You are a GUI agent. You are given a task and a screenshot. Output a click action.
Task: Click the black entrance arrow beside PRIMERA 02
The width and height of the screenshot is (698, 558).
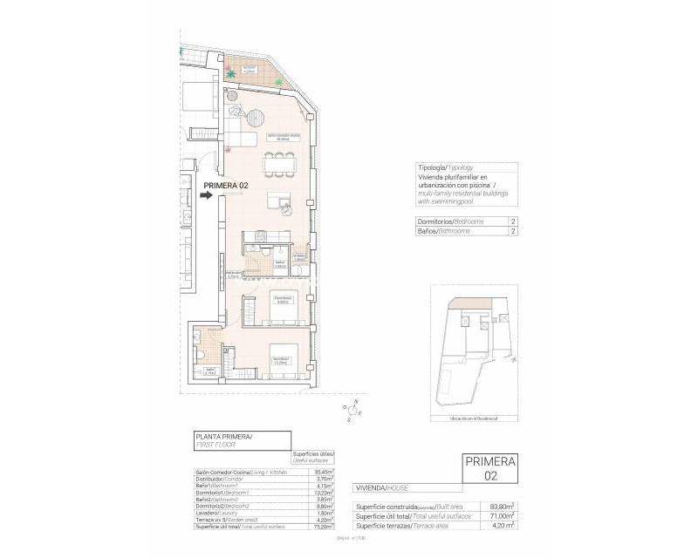(x=207, y=196)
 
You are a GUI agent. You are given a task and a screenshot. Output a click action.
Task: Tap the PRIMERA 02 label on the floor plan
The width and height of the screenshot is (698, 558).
(x=226, y=186)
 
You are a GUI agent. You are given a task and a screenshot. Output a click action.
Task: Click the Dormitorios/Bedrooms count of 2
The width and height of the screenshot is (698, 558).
(x=512, y=222)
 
